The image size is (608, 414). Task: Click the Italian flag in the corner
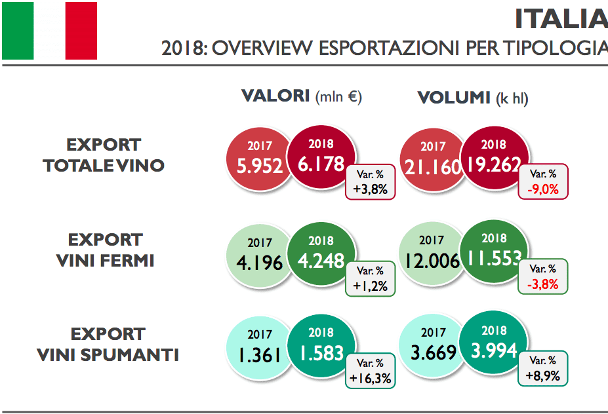click(50, 30)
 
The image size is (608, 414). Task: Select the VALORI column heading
click(301, 96)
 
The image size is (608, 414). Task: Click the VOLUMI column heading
click(472, 98)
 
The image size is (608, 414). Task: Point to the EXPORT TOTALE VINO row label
click(104, 155)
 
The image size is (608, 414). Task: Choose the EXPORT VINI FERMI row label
click(105, 250)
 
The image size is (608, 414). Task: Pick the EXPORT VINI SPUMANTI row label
click(108, 345)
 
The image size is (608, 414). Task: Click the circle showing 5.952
click(259, 159)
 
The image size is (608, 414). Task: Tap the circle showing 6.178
click(320, 157)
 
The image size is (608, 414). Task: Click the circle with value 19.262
click(494, 157)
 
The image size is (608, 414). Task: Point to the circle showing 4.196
click(259, 255)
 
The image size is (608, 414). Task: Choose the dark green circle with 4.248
click(320, 254)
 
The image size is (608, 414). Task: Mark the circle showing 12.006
click(432, 255)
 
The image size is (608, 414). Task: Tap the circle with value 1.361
click(259, 348)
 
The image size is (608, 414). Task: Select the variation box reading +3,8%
click(370, 183)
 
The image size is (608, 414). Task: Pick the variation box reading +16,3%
click(370, 371)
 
